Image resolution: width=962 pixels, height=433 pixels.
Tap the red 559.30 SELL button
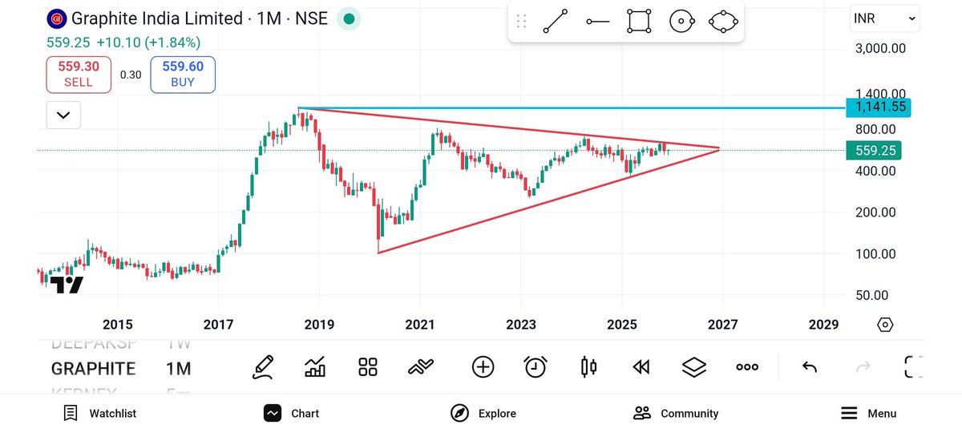[78, 74]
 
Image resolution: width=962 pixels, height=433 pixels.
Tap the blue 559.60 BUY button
[183, 74]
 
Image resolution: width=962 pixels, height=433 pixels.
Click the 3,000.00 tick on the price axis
[879, 48]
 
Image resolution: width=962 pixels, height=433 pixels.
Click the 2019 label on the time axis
[319, 325]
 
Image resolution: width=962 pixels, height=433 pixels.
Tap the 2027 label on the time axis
[723, 325]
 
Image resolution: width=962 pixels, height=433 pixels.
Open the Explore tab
[483, 413]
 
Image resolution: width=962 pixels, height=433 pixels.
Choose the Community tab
[676, 413]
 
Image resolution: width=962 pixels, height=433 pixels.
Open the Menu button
[869, 413]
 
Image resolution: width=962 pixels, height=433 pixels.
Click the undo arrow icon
[810, 367]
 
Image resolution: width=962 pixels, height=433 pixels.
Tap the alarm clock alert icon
[536, 367]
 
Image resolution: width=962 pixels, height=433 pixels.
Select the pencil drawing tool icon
[262, 367]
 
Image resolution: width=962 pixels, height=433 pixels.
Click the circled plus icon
[483, 367]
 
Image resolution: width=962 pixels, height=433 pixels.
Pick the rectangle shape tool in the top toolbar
[639, 22]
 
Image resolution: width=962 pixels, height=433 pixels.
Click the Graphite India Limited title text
[157, 18]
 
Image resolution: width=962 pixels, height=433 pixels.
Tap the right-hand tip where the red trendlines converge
[719, 149]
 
